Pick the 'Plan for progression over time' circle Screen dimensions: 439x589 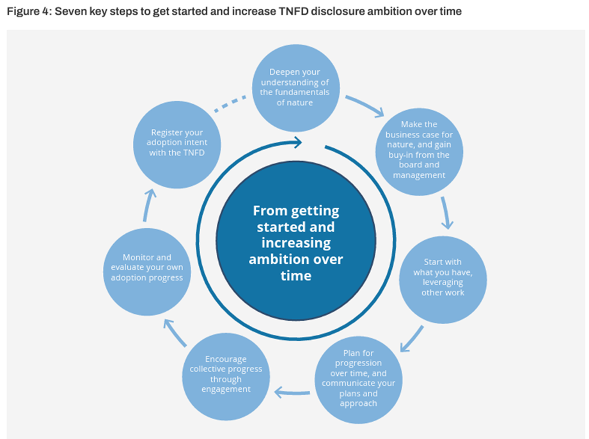358,379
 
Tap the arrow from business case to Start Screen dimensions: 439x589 446,213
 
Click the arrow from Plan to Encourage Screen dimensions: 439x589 291,391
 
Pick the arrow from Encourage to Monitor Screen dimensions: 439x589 174,332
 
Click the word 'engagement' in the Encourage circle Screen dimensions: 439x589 226,389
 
